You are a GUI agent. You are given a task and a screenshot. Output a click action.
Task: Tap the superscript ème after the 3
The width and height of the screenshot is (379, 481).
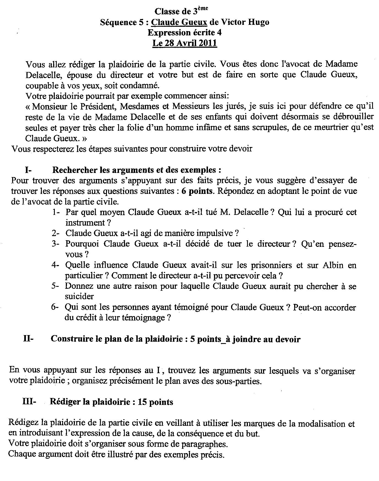[x=203, y=9]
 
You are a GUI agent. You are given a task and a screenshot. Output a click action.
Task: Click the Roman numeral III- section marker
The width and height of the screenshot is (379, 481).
[x=29, y=402]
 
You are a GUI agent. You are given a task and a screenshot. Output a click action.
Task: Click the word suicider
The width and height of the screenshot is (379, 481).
[x=79, y=296]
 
